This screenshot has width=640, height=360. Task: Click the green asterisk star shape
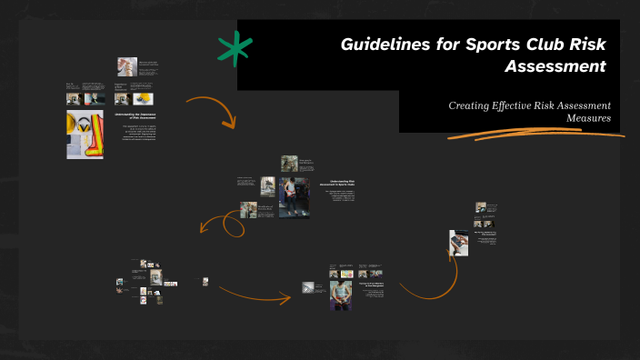pyautogui.click(x=235, y=51)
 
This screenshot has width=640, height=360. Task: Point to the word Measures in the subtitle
pyautogui.click(x=588, y=118)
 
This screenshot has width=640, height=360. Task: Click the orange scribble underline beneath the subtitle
pyautogui.click(x=537, y=134)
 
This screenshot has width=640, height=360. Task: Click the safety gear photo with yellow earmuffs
pyautogui.click(x=85, y=134)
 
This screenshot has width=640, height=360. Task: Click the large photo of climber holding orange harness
pyautogui.click(x=294, y=197)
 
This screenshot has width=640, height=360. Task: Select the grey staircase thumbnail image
pyautogui.click(x=309, y=288)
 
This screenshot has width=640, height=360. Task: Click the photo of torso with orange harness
pyautogui.click(x=339, y=295)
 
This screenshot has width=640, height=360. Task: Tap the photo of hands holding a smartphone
pyautogui.click(x=458, y=242)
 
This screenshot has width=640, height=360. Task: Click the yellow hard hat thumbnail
pyautogui.click(x=142, y=98)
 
